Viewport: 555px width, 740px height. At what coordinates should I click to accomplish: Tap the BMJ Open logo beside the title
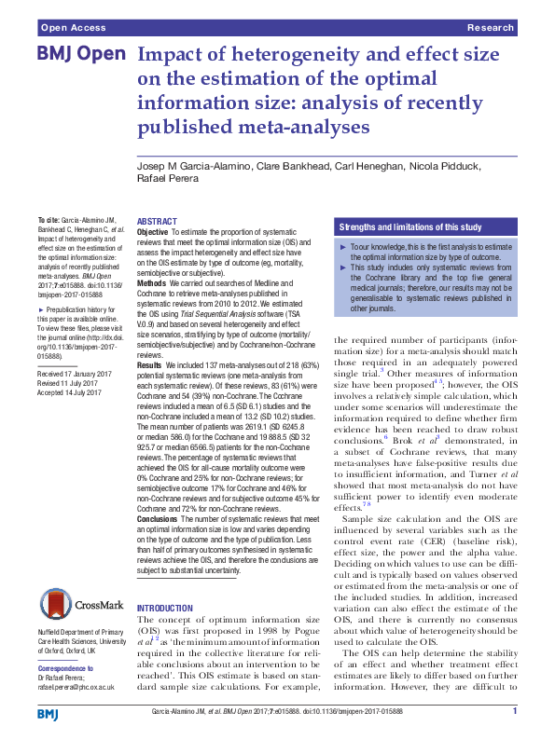81,56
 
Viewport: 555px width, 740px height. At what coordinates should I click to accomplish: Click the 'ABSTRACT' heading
157,222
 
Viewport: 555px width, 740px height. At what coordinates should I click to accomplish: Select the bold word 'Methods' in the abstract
151,283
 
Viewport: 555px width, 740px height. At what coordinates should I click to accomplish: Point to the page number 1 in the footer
514,712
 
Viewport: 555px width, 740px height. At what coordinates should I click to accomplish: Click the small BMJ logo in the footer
48,713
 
